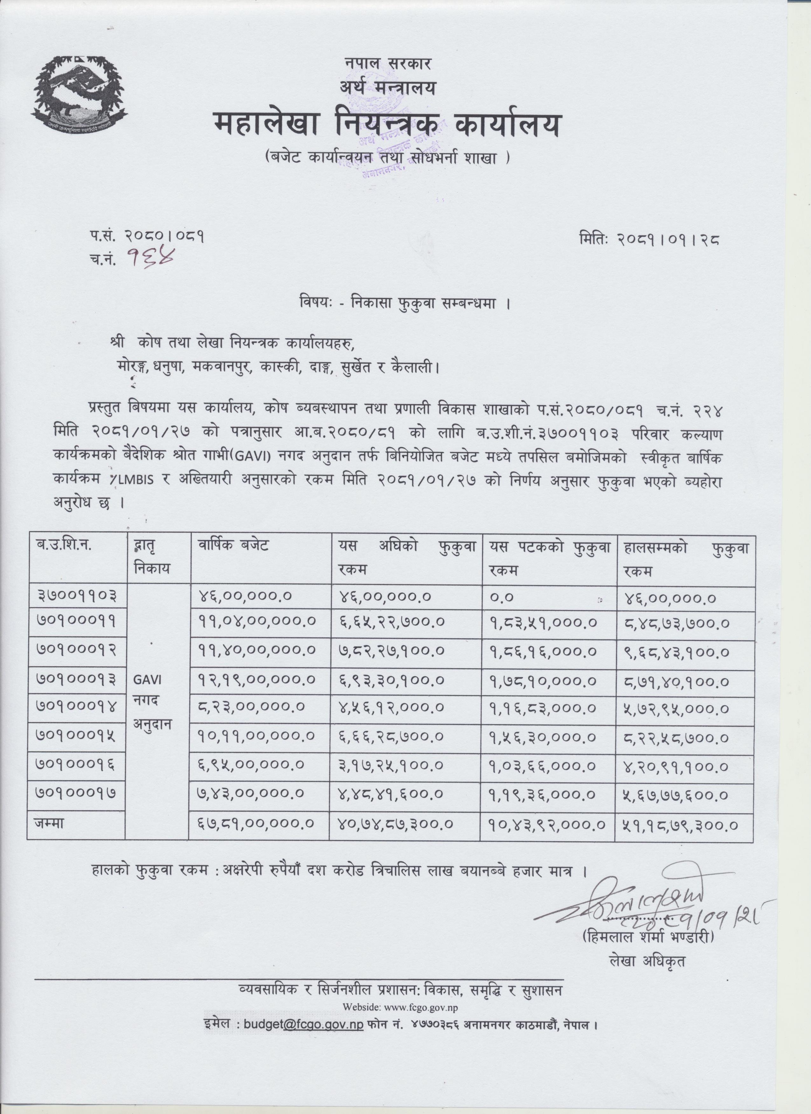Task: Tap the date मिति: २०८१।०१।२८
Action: coord(649,240)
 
